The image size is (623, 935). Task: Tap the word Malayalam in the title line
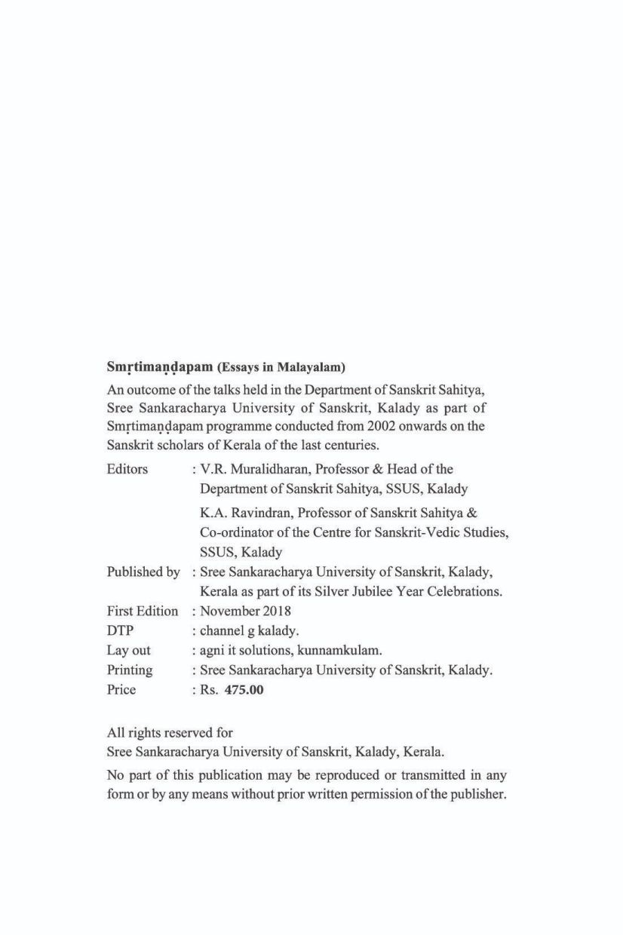click(310, 368)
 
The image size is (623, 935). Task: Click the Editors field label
click(127, 470)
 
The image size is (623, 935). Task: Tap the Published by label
click(143, 572)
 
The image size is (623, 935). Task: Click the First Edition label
click(143, 612)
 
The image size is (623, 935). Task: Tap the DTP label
click(121, 631)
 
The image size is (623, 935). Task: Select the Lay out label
click(129, 650)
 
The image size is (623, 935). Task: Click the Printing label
click(130, 670)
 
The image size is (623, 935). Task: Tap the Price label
click(121, 689)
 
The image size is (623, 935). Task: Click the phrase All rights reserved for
click(170, 732)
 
